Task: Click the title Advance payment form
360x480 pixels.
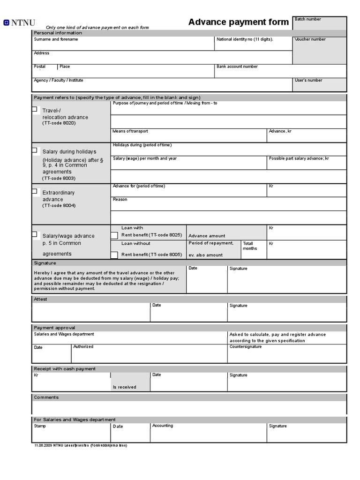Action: coord(238,22)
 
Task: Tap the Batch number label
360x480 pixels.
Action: coord(307,19)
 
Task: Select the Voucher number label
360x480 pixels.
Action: coord(310,39)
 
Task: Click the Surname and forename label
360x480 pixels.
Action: coord(56,39)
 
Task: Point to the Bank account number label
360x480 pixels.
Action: coord(237,67)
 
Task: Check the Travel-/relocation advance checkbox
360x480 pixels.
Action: coord(35,109)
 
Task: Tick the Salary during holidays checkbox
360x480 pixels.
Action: coord(35,150)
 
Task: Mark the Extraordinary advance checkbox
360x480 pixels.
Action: coord(35,191)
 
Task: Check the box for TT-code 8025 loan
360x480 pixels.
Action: coord(114,235)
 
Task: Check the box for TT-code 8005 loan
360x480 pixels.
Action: coord(114,255)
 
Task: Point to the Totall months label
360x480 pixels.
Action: coord(248,246)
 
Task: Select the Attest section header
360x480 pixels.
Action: coord(40,299)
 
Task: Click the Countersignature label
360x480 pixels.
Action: coord(245,347)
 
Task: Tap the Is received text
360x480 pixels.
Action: coord(124,387)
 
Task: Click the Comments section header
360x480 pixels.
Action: coord(46,397)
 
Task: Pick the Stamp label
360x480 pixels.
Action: coord(40,426)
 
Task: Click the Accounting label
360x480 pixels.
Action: coord(162,426)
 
